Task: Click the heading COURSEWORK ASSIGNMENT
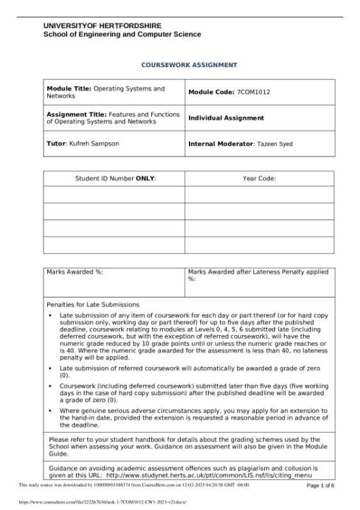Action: (179, 65)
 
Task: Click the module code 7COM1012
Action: (253, 93)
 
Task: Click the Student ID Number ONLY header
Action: (115, 179)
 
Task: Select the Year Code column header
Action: (259, 179)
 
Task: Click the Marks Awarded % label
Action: (75, 272)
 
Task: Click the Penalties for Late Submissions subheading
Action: (93, 304)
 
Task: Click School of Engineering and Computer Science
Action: (122, 34)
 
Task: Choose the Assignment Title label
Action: (77, 114)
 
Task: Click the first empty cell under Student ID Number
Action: (114, 195)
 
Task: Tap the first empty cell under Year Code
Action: (259, 195)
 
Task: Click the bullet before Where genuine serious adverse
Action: (50, 410)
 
